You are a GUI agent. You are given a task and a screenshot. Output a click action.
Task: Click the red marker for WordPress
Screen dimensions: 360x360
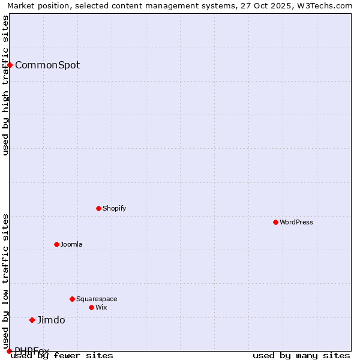pos(275,222)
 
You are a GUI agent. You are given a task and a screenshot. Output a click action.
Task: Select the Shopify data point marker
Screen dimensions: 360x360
pos(98,208)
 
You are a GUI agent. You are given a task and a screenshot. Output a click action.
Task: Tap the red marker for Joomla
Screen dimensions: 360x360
pos(56,244)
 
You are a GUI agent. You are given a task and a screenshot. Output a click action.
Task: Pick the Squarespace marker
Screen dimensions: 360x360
pos(72,299)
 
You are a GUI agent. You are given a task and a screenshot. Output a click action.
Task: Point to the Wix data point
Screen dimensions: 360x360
pos(91,307)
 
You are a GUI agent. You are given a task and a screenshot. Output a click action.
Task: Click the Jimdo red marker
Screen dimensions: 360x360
pos(32,320)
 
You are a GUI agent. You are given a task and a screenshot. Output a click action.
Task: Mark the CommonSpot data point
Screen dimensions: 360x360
pos(10,65)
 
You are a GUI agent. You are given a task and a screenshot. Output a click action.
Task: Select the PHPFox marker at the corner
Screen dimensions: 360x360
pos(9,351)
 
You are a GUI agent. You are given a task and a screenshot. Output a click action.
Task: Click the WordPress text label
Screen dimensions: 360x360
pos(296,222)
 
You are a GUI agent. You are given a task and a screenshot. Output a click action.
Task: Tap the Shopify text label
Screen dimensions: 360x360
pos(114,208)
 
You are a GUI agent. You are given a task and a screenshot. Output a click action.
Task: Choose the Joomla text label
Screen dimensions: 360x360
pos(71,244)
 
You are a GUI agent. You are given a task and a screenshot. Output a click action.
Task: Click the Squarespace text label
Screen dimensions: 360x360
pos(97,299)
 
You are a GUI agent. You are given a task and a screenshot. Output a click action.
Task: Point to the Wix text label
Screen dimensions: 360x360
pos(101,307)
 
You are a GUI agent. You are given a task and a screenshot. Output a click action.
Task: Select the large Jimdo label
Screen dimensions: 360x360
pos(51,320)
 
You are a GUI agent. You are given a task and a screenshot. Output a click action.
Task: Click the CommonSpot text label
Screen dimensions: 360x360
pos(47,65)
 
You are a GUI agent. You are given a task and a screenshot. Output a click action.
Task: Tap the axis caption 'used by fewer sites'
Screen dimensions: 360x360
pos(62,355)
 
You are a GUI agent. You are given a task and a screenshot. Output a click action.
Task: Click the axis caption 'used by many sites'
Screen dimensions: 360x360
pos(301,355)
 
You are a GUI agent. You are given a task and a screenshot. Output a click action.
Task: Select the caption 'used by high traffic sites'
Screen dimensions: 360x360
pos(5,85)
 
